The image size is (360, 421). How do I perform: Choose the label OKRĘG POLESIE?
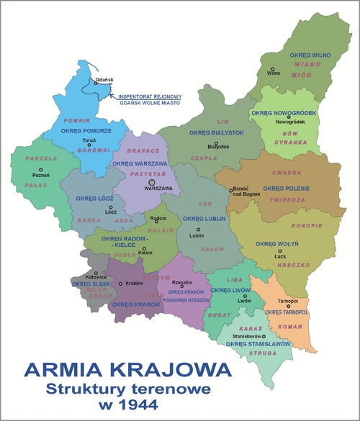point(285,189)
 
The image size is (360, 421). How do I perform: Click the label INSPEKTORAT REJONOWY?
point(150,96)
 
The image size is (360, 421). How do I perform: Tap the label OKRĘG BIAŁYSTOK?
point(216,133)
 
